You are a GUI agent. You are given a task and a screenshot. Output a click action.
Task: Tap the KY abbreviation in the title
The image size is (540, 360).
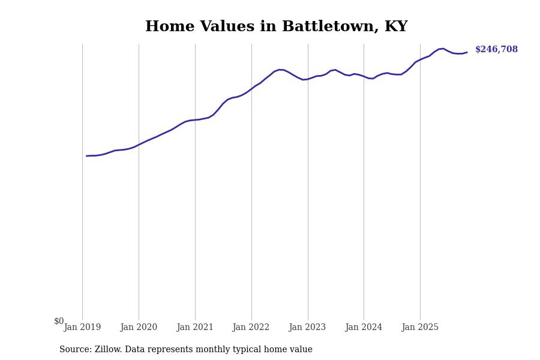396,27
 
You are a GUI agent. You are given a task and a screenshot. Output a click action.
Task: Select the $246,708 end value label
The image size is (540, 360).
496,50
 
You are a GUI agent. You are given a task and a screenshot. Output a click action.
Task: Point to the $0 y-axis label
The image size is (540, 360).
59,322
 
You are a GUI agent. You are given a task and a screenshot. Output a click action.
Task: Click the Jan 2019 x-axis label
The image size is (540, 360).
82,328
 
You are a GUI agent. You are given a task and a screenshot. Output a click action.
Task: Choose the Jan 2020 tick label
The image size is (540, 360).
139,328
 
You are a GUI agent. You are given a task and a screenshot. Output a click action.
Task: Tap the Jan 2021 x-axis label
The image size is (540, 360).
195,328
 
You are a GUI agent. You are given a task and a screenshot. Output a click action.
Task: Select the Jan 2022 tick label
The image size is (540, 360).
251,328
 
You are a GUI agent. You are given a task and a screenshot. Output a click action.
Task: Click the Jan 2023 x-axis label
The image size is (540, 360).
308,328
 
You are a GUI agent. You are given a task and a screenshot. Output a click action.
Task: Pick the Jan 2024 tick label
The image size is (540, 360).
364,328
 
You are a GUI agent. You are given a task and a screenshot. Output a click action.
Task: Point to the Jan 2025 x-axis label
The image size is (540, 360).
420,328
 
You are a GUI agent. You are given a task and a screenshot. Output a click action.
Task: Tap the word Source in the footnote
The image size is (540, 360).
75,350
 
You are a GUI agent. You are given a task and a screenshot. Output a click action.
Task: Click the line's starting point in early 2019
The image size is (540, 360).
86,156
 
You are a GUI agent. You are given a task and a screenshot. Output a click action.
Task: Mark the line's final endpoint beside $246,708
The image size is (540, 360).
467,52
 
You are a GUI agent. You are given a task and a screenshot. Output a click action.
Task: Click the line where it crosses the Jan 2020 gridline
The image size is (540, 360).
139,144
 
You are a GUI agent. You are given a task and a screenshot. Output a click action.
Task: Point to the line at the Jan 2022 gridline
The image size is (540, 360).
251,88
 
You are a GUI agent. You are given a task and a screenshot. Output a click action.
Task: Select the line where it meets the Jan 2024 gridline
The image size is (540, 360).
364,77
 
